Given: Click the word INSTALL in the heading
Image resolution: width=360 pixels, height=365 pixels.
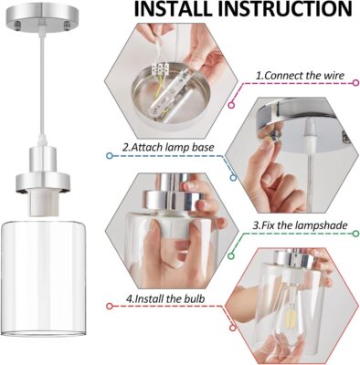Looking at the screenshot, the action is coord(173,9).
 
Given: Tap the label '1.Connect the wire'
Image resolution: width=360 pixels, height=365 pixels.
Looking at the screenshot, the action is coord(300,76).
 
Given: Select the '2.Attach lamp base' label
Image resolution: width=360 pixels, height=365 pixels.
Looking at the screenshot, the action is coord(168,148).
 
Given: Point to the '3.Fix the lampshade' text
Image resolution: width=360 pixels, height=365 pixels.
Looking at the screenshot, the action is coord(300,225).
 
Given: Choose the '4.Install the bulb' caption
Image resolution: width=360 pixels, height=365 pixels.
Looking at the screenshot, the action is coord(165,298).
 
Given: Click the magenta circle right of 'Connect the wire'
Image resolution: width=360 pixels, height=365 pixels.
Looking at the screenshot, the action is coord(355,83).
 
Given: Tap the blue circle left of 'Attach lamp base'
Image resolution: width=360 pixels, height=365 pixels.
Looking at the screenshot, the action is coord(110,156).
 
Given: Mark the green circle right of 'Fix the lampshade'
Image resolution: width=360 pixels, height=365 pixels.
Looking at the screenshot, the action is coord(355,234).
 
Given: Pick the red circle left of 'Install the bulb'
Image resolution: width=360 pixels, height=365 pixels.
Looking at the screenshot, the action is coord(110,306).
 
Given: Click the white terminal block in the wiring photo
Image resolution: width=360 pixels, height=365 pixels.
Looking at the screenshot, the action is coord(159,69).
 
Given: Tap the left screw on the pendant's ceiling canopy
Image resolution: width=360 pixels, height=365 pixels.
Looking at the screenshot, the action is coord(17,26).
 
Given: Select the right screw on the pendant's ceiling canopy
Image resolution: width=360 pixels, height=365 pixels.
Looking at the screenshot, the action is coord(67,26).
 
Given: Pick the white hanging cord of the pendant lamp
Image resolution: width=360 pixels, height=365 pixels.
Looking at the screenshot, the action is coord(42,89).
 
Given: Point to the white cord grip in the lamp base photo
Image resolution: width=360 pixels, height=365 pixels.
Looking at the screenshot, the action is coord(310,134).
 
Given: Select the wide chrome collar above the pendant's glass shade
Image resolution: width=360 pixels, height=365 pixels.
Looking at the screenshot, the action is coord(43,182).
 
